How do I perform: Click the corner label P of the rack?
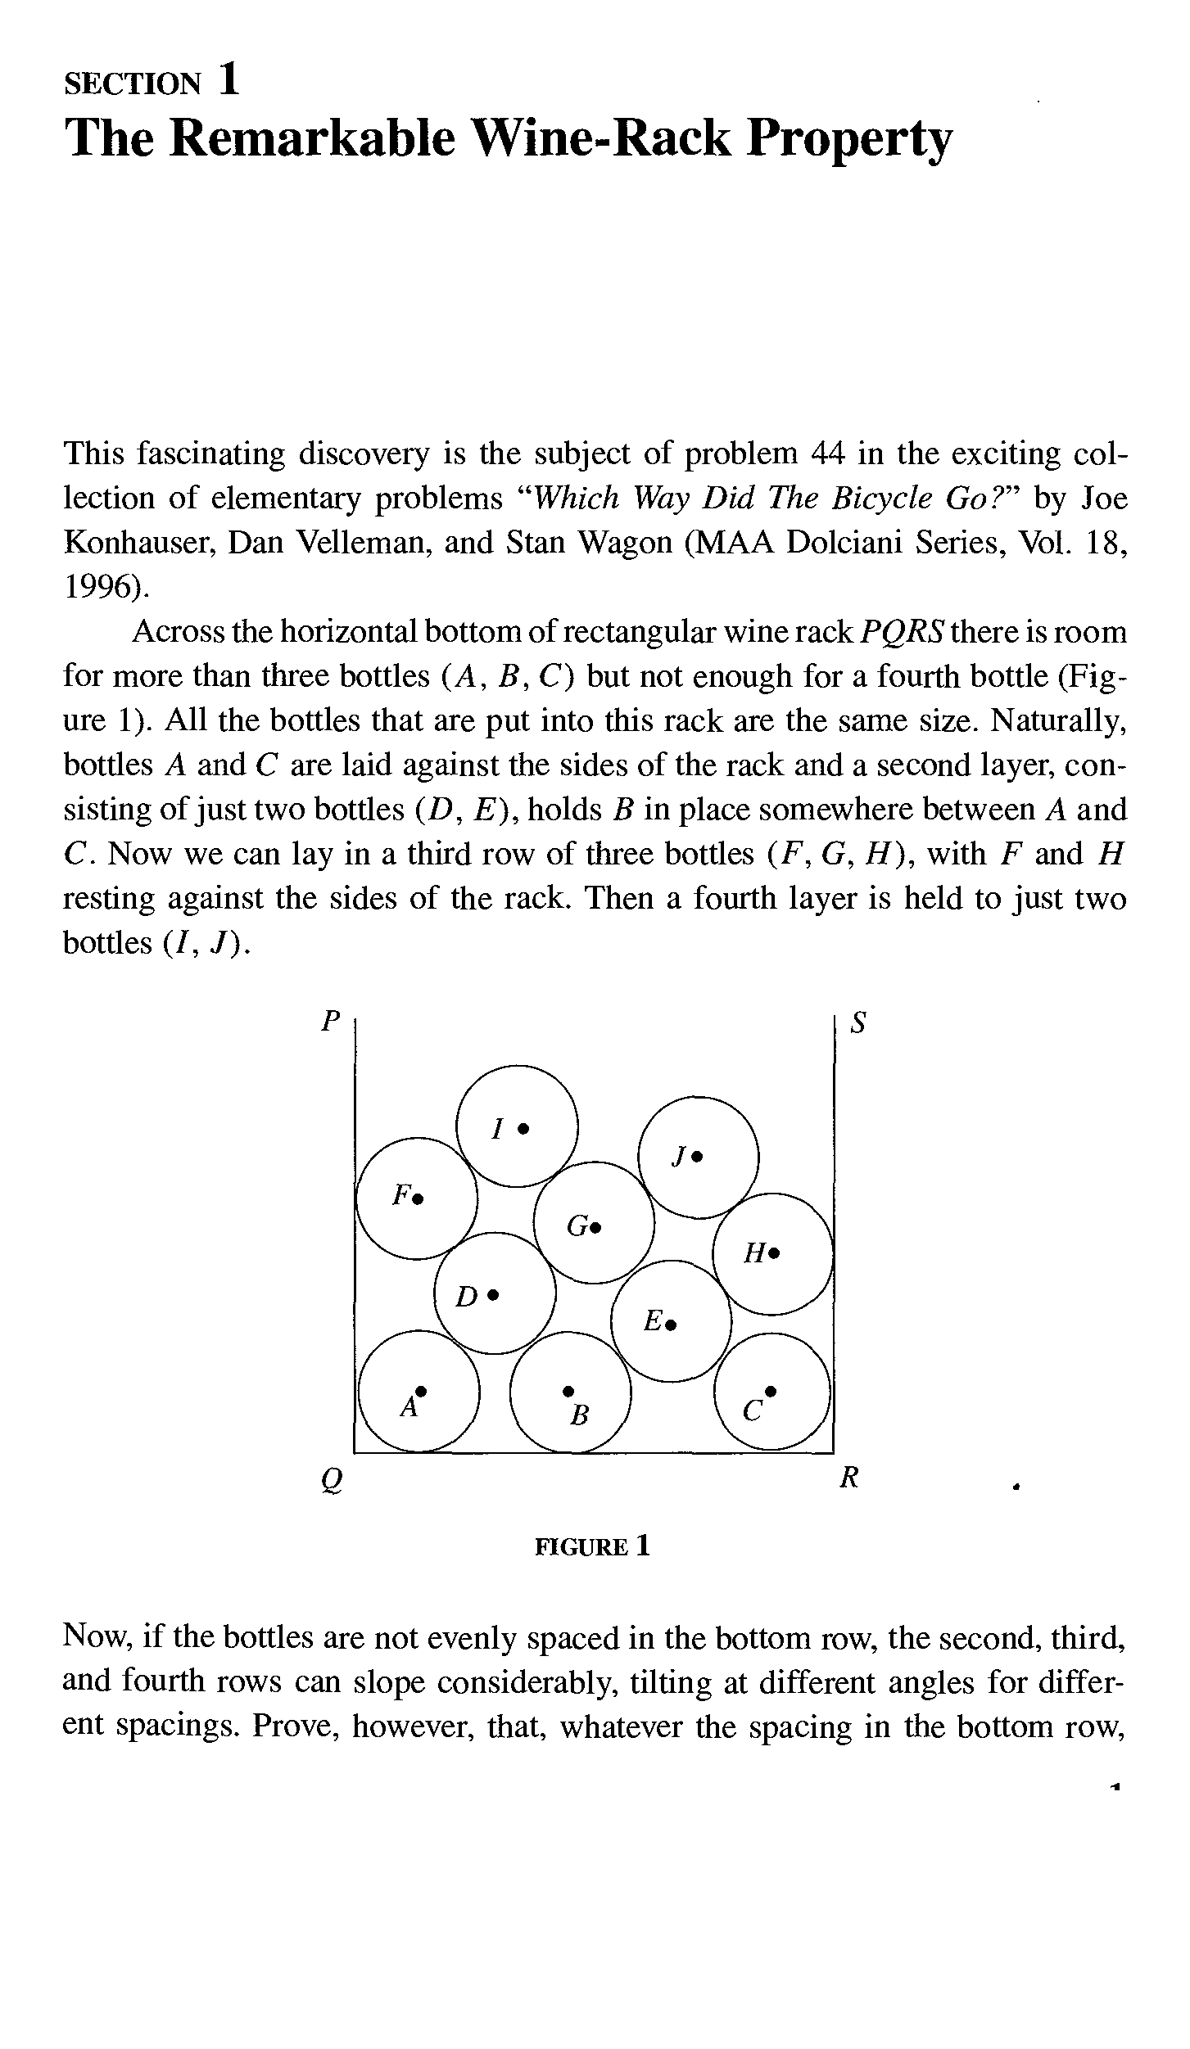click(330, 1020)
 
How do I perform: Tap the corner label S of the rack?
click(858, 1022)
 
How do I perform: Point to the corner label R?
click(849, 1478)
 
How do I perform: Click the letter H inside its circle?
click(753, 1252)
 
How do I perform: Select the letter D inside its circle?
click(466, 1296)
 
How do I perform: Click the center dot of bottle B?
click(568, 1390)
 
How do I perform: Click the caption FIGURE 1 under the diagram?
click(592, 1546)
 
